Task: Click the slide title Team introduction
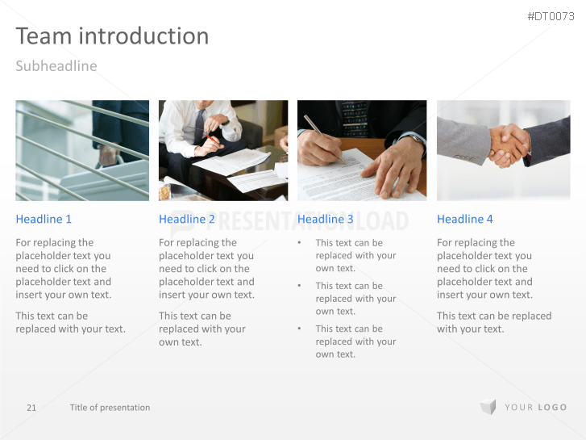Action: tap(112, 36)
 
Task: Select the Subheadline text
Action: tap(56, 66)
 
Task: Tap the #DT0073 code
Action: tap(551, 16)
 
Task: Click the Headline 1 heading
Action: tap(44, 219)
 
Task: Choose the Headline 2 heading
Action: tap(186, 219)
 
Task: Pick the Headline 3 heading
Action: tap(325, 219)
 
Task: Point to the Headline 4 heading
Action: tap(465, 219)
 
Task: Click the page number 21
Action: tap(31, 408)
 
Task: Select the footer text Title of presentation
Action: tap(110, 408)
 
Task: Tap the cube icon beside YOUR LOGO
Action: tap(488, 407)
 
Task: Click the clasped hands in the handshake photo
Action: tap(509, 145)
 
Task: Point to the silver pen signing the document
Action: tap(324, 139)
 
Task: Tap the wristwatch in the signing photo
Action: tap(418, 140)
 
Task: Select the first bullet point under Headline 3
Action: tap(347, 255)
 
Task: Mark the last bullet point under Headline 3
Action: tap(347, 342)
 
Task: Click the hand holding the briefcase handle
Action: tap(109, 155)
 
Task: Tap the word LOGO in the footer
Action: tap(552, 408)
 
